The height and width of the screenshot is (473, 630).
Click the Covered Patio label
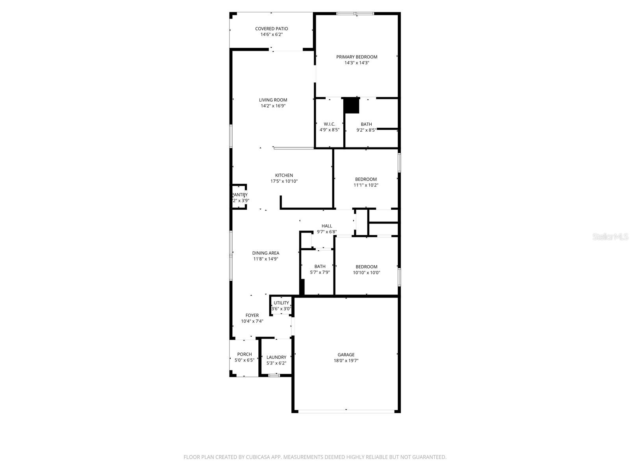(271, 29)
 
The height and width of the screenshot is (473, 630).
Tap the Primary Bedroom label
(356, 57)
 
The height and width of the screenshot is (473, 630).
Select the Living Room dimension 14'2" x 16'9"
(273, 106)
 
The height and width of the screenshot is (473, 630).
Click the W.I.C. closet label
(329, 124)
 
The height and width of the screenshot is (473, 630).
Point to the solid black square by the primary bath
(352, 106)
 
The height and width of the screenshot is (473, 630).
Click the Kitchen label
(284, 175)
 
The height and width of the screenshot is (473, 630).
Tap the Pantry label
(239, 195)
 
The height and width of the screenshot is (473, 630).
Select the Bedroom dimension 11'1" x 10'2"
(366, 185)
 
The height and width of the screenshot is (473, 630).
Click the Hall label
(327, 226)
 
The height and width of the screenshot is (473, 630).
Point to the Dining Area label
(266, 253)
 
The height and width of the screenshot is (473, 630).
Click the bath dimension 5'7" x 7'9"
(320, 272)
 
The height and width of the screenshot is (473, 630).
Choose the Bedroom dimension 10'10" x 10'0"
(366, 273)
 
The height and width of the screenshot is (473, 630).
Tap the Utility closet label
(281, 303)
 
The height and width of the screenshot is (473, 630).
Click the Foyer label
(252, 315)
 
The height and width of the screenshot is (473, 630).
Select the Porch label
(244, 354)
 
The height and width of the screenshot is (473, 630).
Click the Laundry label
(276, 358)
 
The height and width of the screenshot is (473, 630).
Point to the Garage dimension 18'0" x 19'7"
(346, 361)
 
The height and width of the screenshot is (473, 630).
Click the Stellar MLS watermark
(610, 236)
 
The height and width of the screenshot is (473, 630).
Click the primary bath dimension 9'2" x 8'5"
(366, 130)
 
